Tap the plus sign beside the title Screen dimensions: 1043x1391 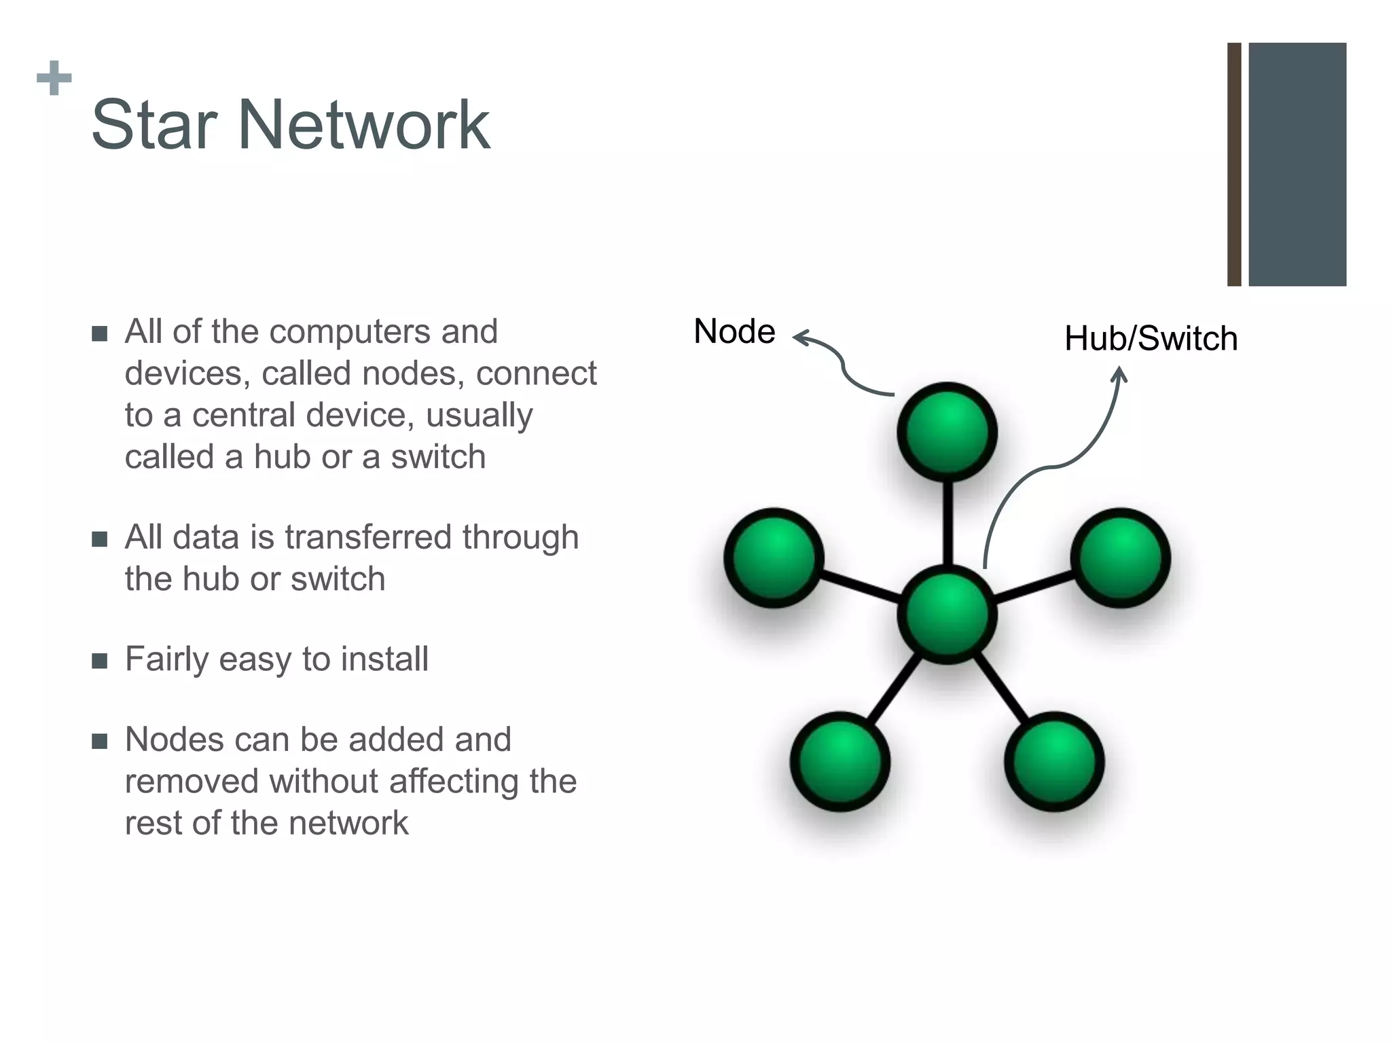pos(54,79)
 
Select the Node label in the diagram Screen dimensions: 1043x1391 pos(734,332)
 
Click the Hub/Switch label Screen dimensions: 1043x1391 pos(1151,339)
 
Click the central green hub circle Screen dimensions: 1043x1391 pos(947,613)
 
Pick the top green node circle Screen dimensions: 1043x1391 pos(947,433)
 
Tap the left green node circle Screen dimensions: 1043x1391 pos(774,557)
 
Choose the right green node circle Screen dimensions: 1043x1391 pos(1121,557)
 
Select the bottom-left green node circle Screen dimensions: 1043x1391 pos(839,761)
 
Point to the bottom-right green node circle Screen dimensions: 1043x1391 pos(1054,761)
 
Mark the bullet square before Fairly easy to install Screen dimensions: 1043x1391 pos(100,661)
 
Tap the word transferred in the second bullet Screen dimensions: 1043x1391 pos(370,537)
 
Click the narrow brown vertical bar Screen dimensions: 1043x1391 pos(1234,164)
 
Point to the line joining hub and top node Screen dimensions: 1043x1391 pos(947,523)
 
